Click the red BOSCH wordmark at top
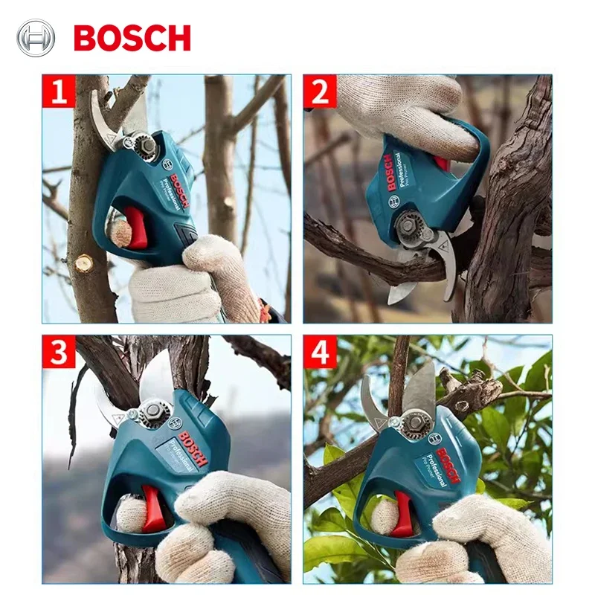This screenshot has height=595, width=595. point(132,37)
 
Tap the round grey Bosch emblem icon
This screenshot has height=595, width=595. point(36,37)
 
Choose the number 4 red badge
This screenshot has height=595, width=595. point(320,353)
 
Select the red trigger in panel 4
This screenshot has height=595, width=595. point(402,513)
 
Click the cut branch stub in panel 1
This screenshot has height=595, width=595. point(83,263)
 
